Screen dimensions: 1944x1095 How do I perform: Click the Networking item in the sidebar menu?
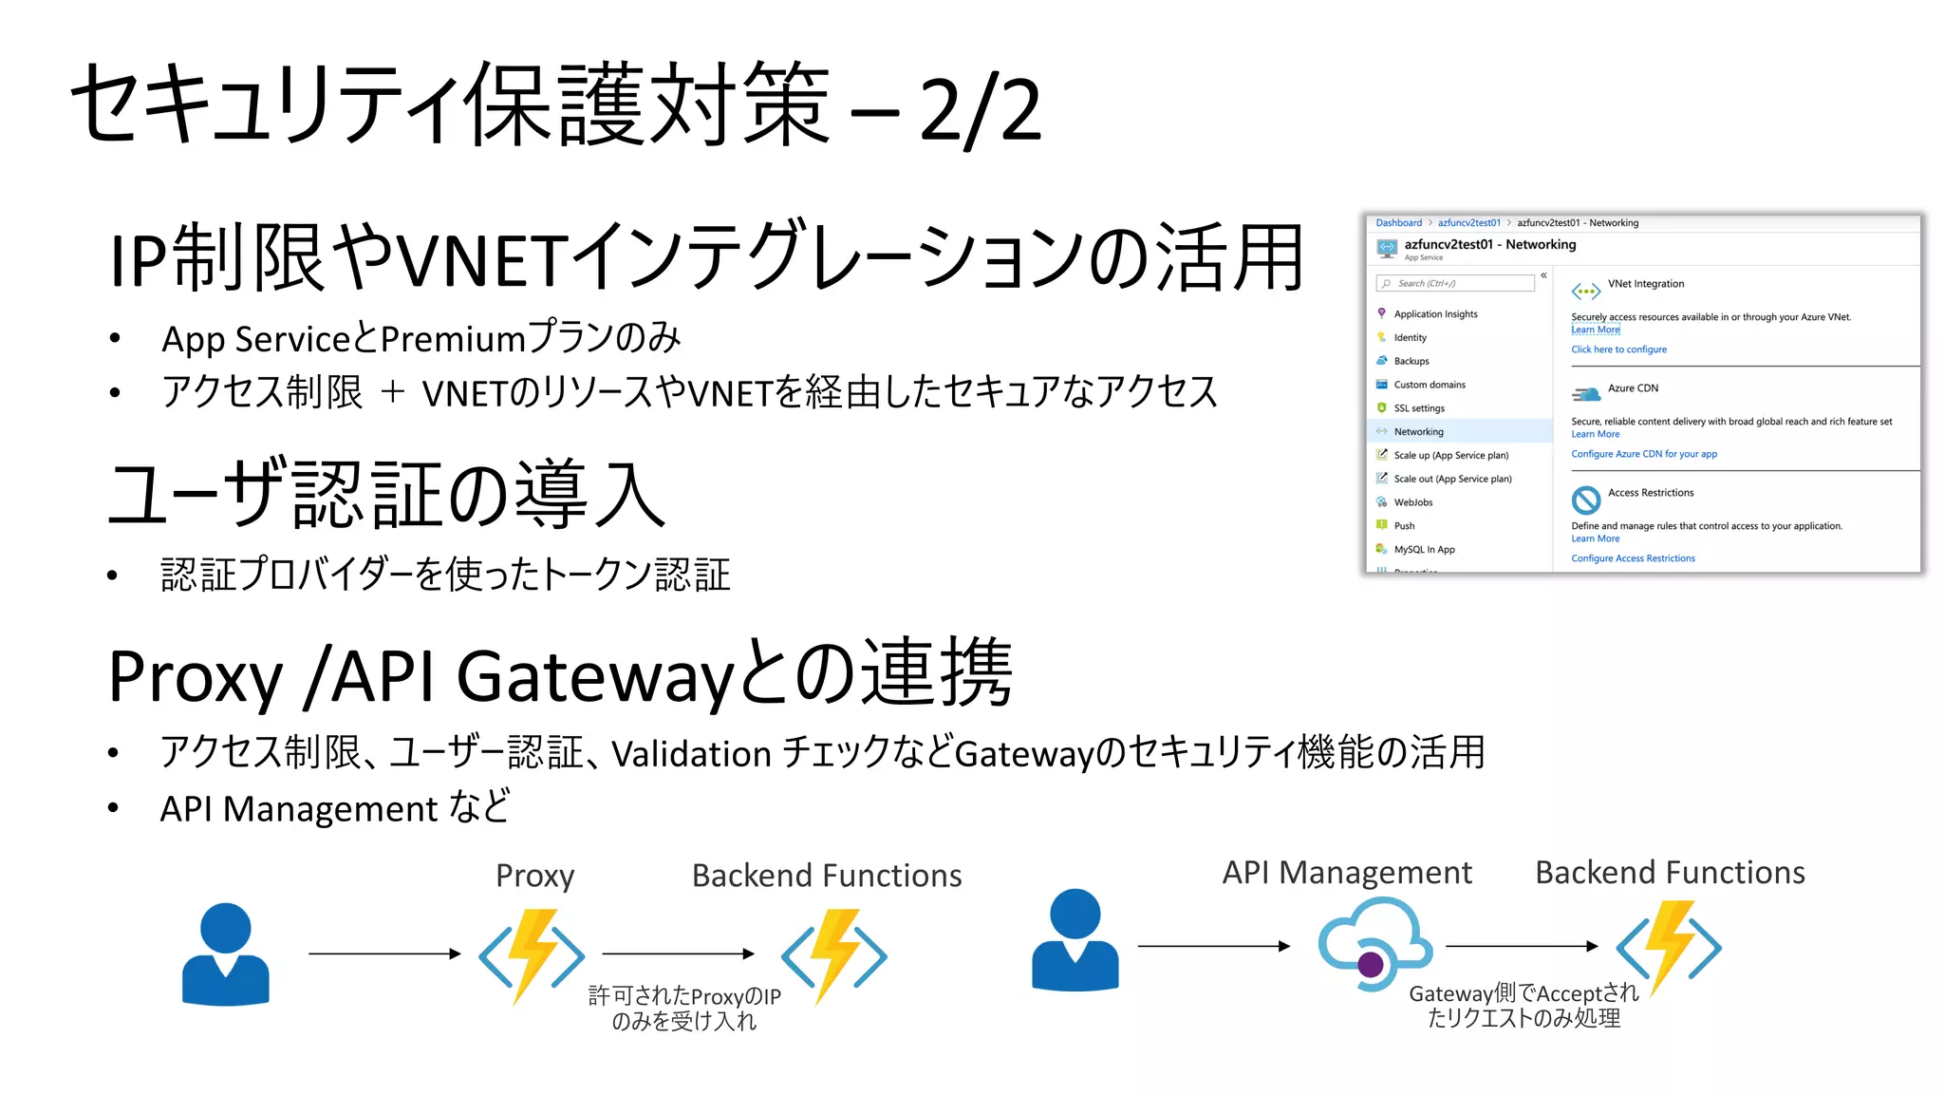(1418, 431)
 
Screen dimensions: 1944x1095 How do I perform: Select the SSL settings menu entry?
(1418, 408)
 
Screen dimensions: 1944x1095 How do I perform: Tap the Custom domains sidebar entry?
(1429, 385)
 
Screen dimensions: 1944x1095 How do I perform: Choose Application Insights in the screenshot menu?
(1435, 314)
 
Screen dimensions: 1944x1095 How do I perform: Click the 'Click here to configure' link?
(1618, 349)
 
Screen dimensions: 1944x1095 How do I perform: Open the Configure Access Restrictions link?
(1633, 558)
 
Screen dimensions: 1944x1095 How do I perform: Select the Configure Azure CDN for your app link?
(1643, 454)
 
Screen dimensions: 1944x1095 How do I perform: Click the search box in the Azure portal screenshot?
(1455, 283)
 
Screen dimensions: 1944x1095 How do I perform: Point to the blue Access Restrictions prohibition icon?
(1585, 500)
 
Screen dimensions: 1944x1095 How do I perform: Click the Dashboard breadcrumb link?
(1398, 223)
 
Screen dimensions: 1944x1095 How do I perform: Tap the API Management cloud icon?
(1374, 946)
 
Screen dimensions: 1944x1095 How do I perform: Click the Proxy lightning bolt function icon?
(532, 954)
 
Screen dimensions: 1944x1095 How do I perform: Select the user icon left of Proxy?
(226, 953)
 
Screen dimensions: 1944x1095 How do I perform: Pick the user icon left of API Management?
(1075, 940)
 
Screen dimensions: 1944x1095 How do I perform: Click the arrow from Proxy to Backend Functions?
(678, 953)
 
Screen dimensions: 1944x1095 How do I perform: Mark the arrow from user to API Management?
(1213, 946)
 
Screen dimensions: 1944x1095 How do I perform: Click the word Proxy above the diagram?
(534, 876)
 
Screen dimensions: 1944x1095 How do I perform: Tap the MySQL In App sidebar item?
(1423, 550)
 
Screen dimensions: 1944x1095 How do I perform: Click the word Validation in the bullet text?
(690, 754)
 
